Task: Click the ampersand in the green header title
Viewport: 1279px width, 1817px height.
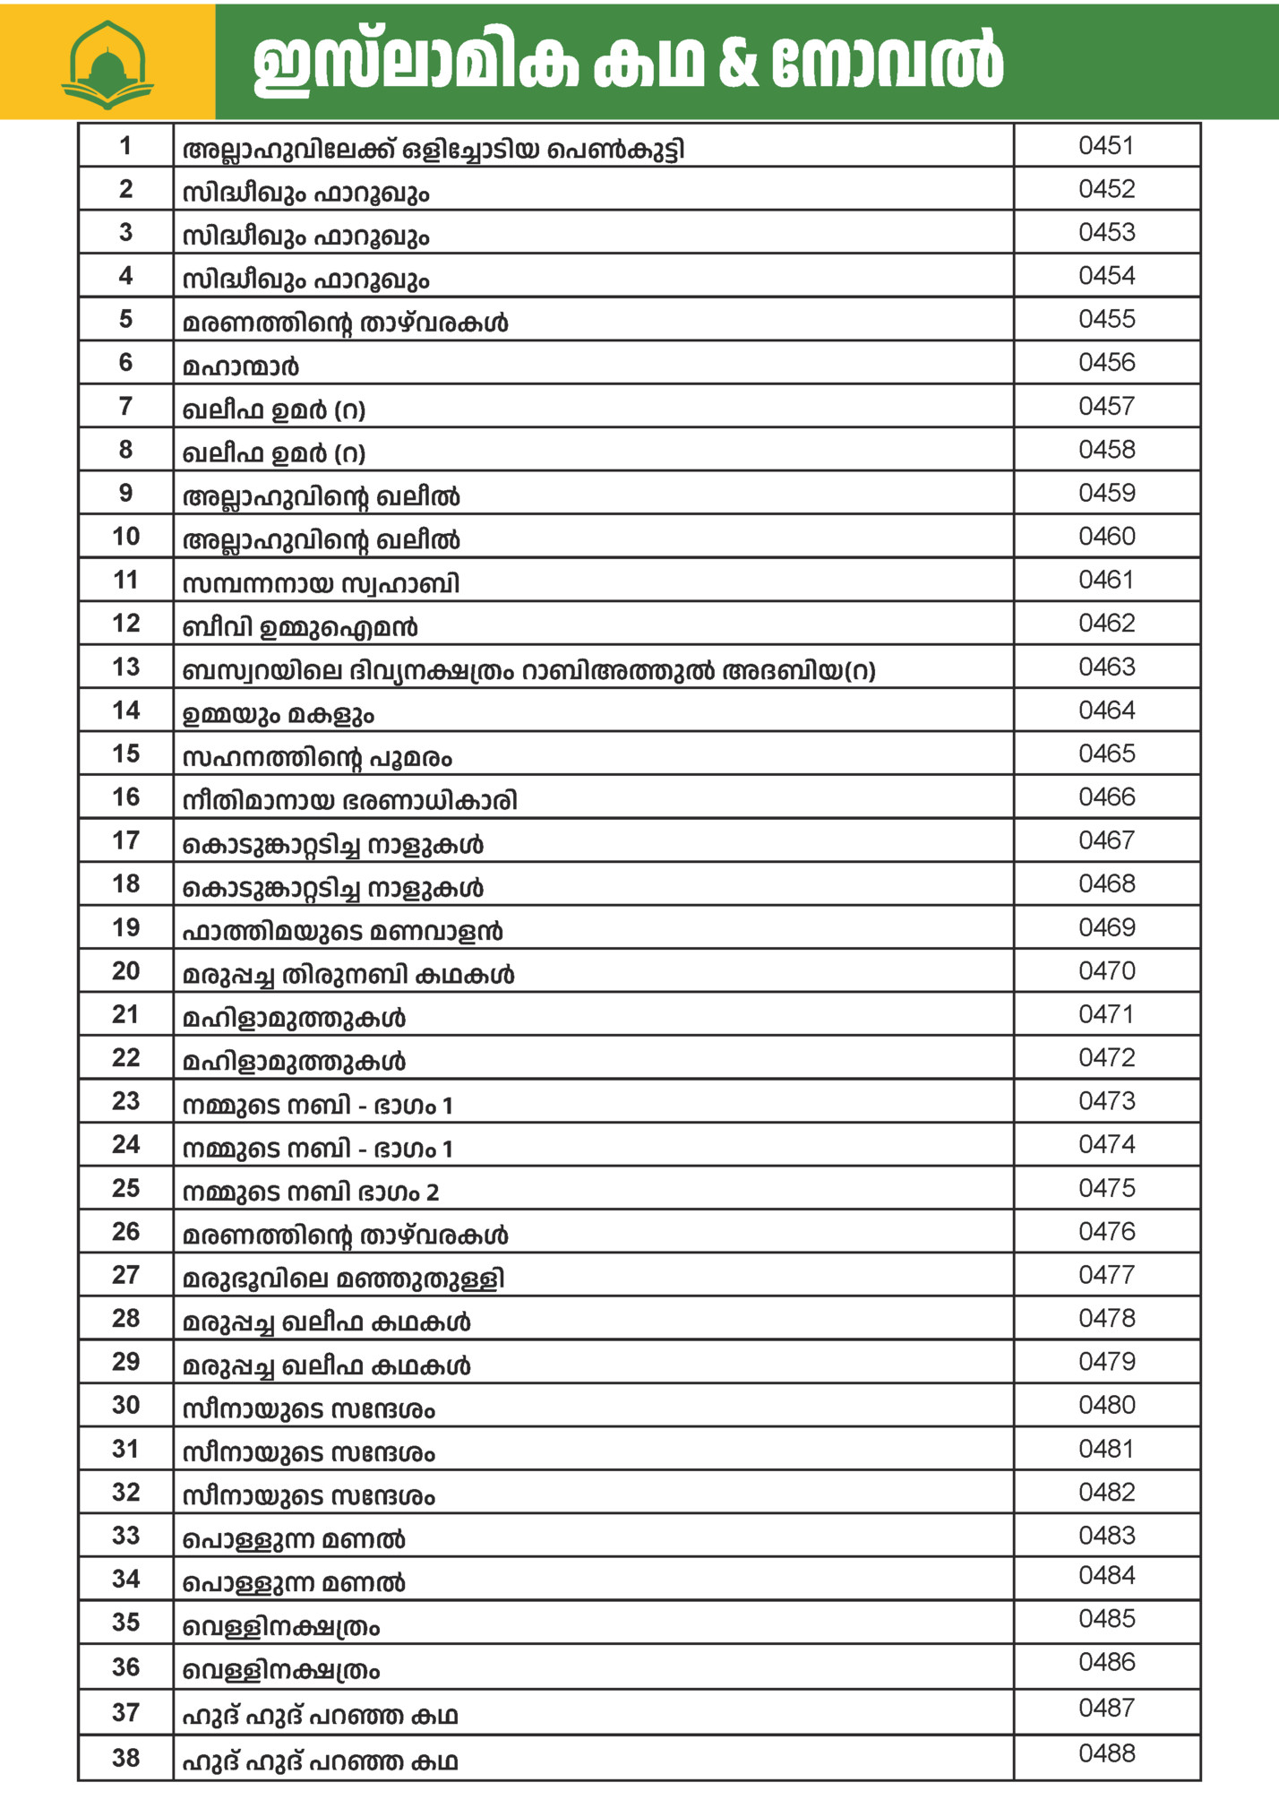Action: [738, 63]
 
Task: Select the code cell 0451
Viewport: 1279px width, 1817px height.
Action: [1106, 145]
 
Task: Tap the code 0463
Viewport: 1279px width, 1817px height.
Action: [1106, 667]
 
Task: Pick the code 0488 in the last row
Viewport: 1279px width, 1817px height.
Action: [1106, 1752]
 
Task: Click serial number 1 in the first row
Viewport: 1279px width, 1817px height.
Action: [125, 145]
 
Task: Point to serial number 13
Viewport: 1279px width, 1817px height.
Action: [125, 667]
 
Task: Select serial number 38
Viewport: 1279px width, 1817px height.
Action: [125, 1757]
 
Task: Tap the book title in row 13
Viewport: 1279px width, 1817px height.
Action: [528, 670]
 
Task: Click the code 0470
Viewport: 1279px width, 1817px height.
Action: [1106, 970]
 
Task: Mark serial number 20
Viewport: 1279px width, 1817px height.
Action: [125, 970]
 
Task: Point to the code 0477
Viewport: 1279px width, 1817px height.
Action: [1106, 1274]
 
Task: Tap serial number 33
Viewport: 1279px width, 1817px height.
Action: [125, 1535]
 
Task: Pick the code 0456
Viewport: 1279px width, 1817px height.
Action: [1106, 362]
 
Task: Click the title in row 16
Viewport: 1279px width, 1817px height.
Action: [349, 800]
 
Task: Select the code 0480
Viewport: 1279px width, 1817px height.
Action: [1106, 1404]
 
